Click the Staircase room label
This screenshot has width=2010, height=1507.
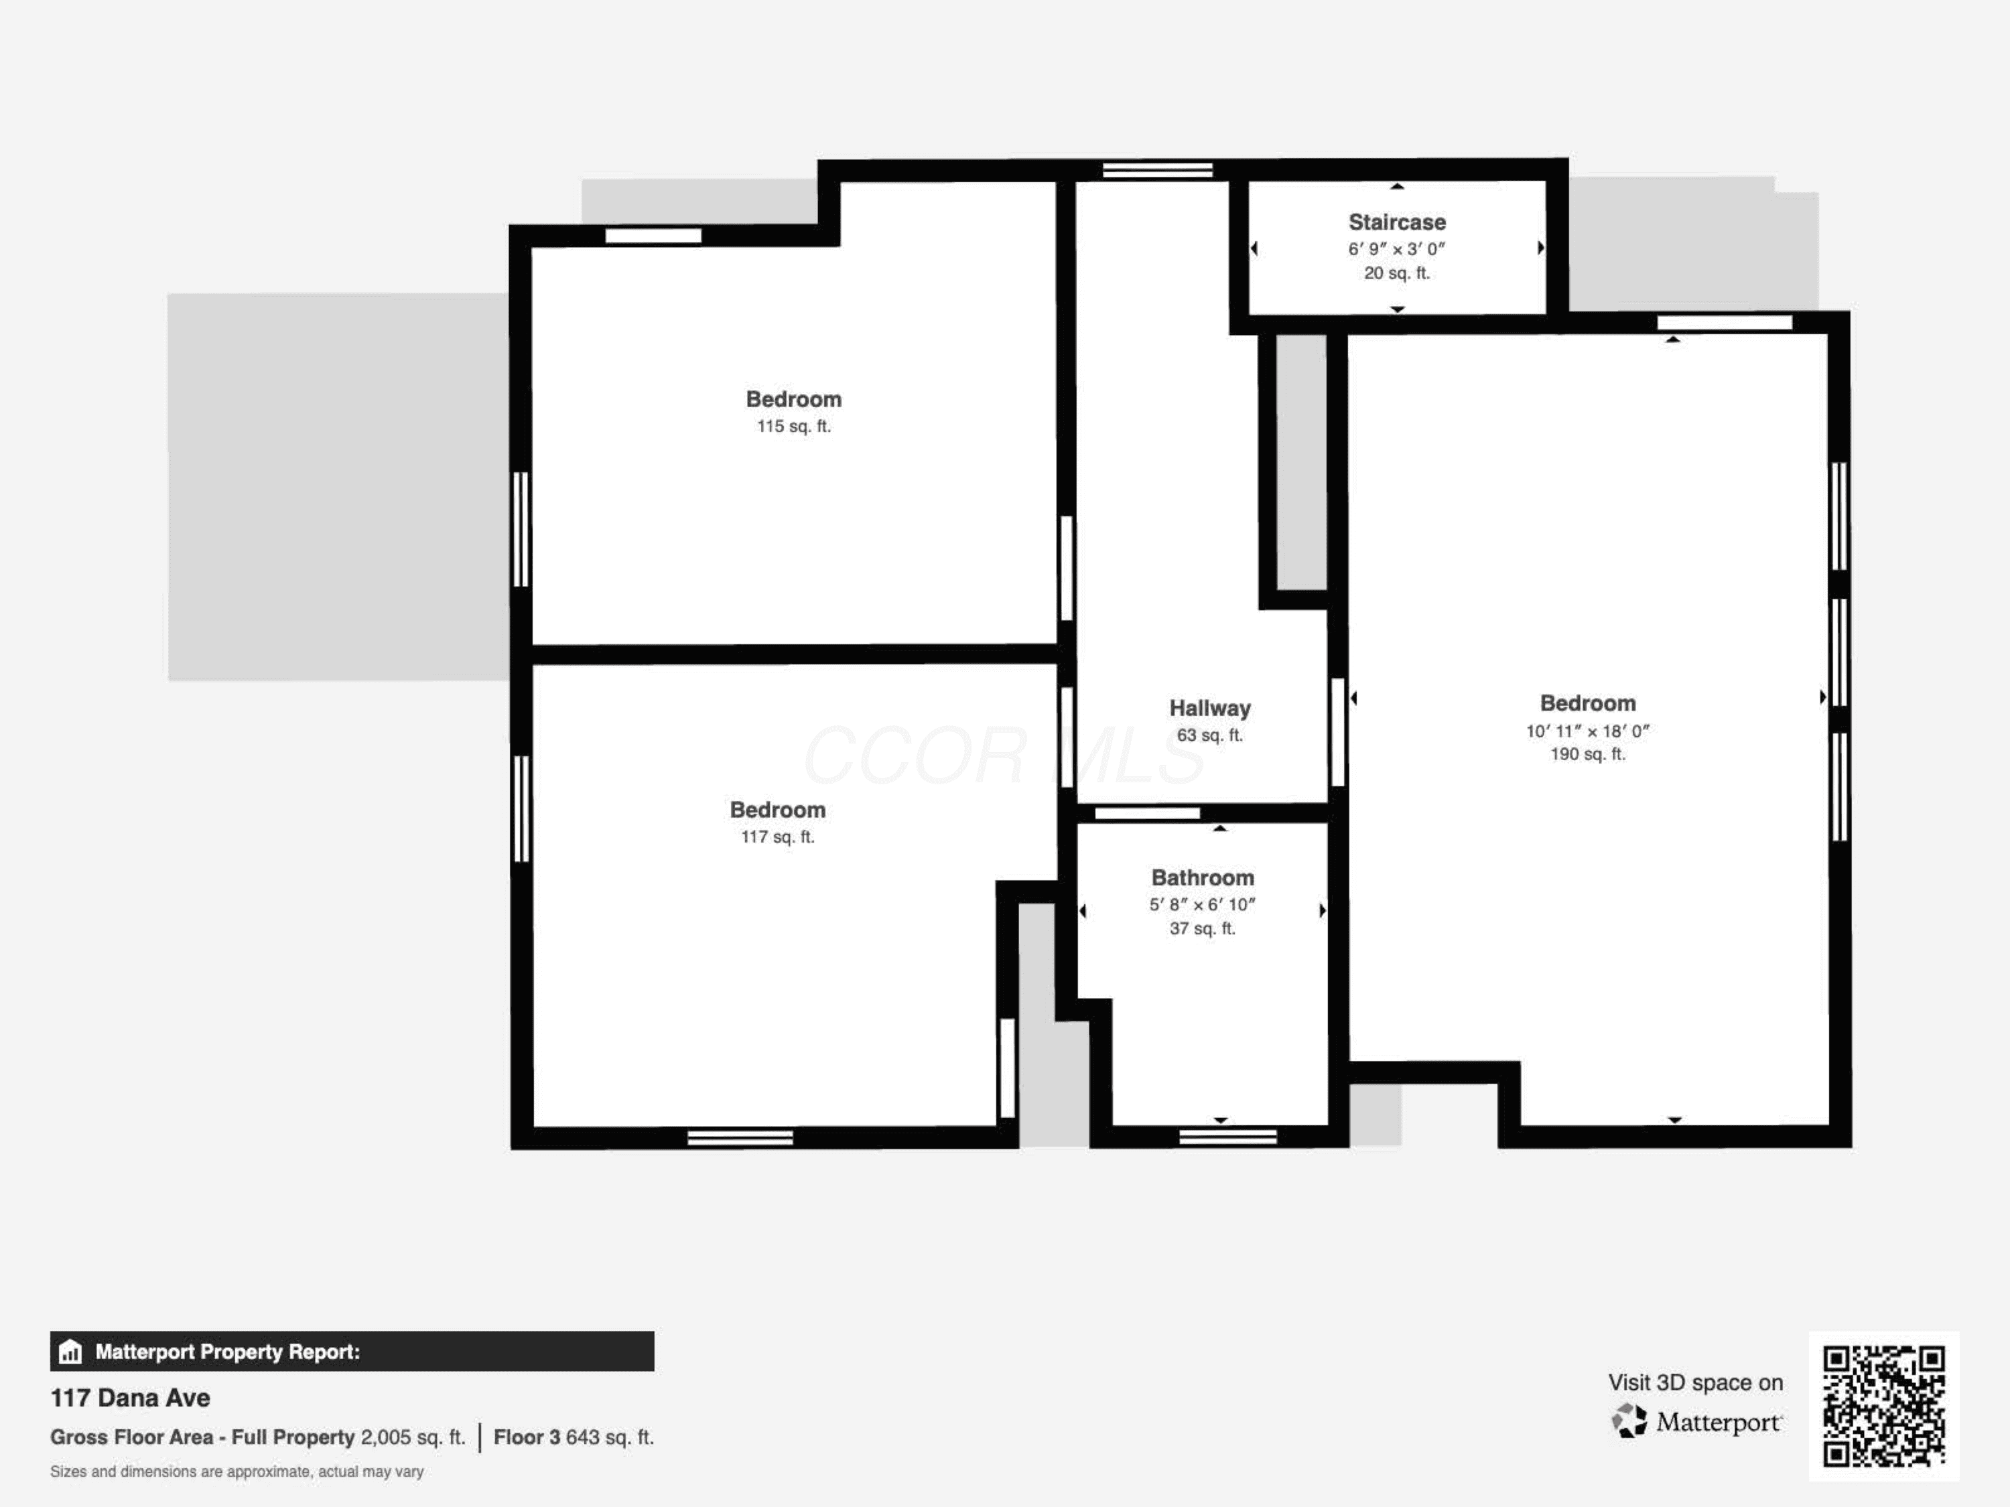pyautogui.click(x=1397, y=222)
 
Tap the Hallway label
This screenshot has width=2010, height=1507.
pyautogui.click(x=1209, y=709)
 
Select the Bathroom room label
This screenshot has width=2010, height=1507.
pyautogui.click(x=1202, y=877)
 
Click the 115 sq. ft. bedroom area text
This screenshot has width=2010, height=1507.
pyautogui.click(x=793, y=426)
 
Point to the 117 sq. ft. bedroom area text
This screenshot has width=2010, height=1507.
pyautogui.click(x=778, y=837)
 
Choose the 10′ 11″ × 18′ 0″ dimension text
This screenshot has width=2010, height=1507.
pyautogui.click(x=1587, y=730)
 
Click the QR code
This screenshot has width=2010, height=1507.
pyautogui.click(x=1883, y=1406)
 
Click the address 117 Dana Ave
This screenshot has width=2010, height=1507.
pyautogui.click(x=130, y=1398)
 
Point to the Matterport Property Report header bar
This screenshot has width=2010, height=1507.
pyautogui.click(x=352, y=1352)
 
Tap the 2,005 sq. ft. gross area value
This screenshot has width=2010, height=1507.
pyautogui.click(x=413, y=1438)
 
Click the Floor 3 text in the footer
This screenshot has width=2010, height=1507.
pyautogui.click(x=527, y=1438)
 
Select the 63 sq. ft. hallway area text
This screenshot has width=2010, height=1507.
pyautogui.click(x=1209, y=735)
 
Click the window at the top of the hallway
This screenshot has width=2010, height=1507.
pyautogui.click(x=1158, y=170)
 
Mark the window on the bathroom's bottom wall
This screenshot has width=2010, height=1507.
pyautogui.click(x=1227, y=1137)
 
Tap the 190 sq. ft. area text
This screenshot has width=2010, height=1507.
pyautogui.click(x=1587, y=754)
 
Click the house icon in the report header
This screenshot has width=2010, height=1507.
pyautogui.click(x=70, y=1352)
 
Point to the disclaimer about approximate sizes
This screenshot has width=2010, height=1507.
pyautogui.click(x=237, y=1472)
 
